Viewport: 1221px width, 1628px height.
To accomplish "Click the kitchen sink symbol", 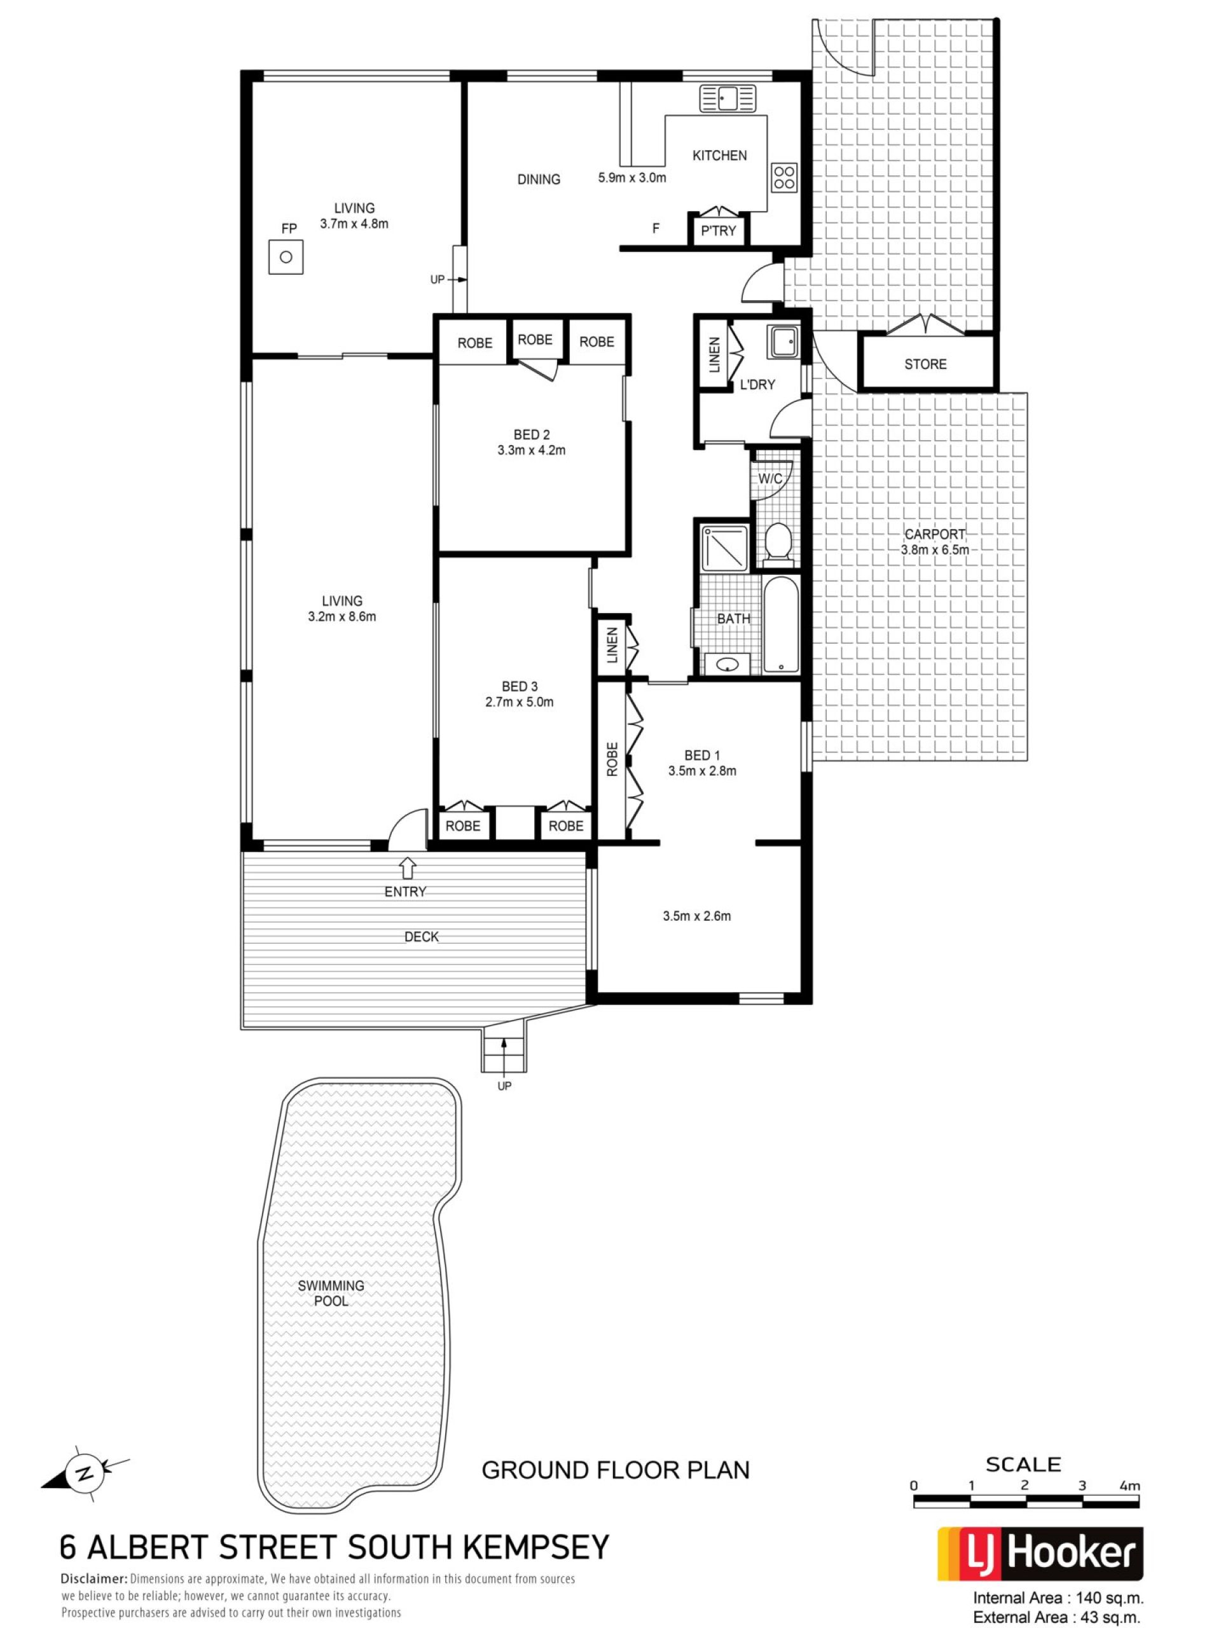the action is click(x=727, y=98).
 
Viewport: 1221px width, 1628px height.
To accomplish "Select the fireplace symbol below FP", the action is click(x=286, y=257).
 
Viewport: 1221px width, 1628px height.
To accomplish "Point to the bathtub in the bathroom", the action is click(x=780, y=625).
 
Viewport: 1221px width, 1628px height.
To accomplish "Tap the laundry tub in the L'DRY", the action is click(x=782, y=341).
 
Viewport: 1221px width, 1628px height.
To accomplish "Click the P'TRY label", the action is click(x=717, y=230).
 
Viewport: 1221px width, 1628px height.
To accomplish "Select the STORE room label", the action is click(x=925, y=364).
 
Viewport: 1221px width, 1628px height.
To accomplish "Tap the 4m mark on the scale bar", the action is click(x=1129, y=1485).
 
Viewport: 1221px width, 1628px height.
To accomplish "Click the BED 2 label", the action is click(x=530, y=435).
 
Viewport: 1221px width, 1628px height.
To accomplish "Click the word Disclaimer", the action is click(x=94, y=1578).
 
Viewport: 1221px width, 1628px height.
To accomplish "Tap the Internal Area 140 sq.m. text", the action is click(x=1058, y=1598).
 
